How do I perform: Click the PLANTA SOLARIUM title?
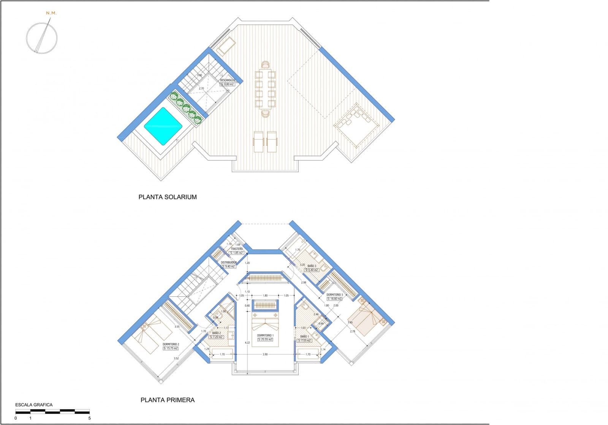168,197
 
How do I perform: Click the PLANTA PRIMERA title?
168,400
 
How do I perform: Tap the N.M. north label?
51,13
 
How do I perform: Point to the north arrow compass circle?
42,38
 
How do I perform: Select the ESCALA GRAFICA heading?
34,405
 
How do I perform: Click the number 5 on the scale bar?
90,418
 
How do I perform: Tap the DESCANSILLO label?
228,80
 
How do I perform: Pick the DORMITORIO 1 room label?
265,335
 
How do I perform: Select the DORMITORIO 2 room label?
171,344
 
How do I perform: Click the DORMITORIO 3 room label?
335,295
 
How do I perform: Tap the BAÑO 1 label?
304,337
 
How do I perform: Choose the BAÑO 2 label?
217,333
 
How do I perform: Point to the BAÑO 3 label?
312,266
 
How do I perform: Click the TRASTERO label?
237,249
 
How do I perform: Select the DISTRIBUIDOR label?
229,263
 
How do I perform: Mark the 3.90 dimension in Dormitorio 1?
265,354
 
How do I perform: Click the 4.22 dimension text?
247,343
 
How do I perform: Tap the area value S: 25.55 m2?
265,340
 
